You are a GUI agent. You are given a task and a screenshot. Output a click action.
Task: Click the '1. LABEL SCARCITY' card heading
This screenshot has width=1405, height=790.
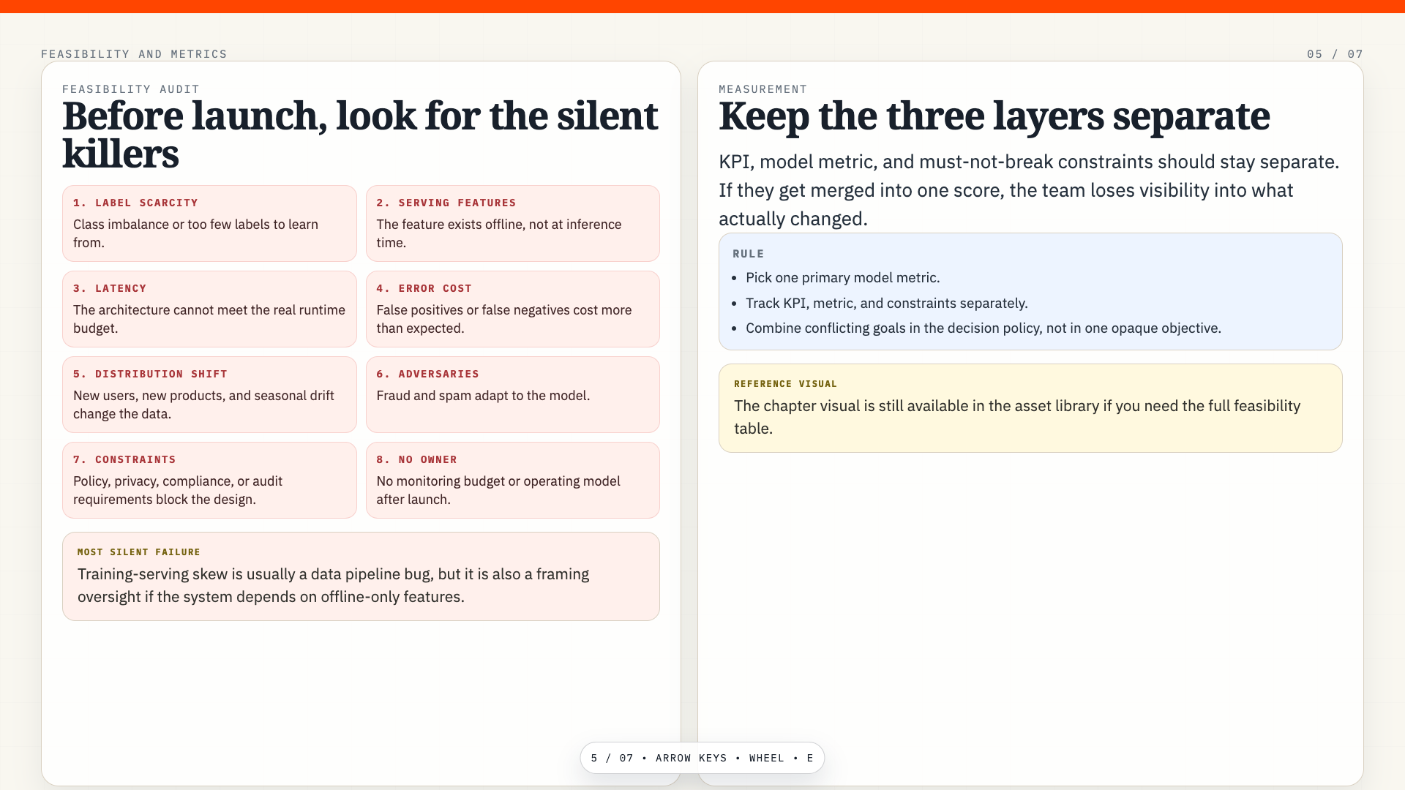tap(135, 203)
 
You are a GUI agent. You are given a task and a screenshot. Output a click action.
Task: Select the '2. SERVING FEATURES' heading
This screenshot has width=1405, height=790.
tap(446, 203)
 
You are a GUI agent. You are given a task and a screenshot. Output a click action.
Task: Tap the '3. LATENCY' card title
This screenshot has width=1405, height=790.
tap(110, 288)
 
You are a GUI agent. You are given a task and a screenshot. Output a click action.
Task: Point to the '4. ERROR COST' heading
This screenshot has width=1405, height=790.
tap(424, 288)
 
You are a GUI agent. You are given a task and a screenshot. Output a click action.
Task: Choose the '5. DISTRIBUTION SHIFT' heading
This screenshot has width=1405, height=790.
tap(150, 374)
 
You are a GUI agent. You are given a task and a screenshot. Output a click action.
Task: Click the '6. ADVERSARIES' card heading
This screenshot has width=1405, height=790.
tap(428, 374)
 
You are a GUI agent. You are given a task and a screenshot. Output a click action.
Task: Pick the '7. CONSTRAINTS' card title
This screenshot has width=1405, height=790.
tap(124, 459)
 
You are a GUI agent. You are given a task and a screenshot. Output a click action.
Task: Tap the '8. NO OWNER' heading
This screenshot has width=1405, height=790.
tap(417, 459)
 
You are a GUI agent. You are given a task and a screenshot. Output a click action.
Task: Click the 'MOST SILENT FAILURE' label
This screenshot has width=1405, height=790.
tap(139, 552)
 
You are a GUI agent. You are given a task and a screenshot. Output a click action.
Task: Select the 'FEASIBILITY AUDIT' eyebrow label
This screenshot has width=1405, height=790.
tap(131, 89)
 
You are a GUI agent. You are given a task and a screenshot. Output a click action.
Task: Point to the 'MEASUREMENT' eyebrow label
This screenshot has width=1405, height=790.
tap(763, 89)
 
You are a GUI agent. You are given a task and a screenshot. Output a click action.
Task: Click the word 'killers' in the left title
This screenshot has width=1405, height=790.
tap(121, 154)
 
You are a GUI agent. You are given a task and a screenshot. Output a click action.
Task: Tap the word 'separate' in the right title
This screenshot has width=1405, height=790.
tap(1191, 117)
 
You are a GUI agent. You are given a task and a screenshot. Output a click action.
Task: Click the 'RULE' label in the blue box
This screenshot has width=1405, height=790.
tap(749, 254)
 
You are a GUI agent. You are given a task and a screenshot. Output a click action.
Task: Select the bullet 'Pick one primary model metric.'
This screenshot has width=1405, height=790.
tap(843, 278)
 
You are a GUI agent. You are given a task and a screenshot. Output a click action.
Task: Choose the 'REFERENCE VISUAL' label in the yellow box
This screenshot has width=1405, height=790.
tap(786, 384)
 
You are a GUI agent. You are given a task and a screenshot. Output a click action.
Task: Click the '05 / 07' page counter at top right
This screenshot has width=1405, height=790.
tap(1335, 54)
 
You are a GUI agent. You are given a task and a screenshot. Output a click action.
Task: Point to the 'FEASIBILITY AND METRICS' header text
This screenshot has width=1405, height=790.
tap(134, 54)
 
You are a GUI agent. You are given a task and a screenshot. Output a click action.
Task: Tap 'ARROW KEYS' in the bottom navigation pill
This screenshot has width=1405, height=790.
tap(692, 758)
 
